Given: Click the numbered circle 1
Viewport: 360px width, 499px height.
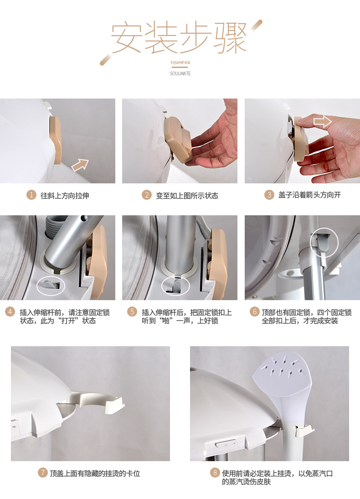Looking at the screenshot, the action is click(x=31, y=194).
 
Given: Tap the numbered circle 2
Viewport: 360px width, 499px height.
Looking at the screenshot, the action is click(x=147, y=194).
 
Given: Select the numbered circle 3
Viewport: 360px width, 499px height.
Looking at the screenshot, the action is click(x=269, y=194).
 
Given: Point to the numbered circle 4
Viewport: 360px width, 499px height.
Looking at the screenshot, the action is click(x=10, y=312).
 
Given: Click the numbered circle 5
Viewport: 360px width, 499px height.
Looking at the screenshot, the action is click(x=132, y=312).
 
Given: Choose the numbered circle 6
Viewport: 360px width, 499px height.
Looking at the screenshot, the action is click(x=254, y=312).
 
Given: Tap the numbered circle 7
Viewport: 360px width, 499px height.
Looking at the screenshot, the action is click(x=43, y=473).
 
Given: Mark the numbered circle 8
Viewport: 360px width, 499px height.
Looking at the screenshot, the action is click(x=215, y=473).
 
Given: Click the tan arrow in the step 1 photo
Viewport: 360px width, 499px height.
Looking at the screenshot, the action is click(x=80, y=165).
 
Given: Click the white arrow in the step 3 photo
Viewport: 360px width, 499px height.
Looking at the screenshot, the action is click(x=323, y=121).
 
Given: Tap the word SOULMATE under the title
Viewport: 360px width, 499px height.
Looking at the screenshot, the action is click(x=180, y=73).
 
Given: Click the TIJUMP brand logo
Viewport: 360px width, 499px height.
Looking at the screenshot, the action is click(x=180, y=62).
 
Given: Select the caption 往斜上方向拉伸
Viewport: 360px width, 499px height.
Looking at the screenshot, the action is click(x=65, y=195).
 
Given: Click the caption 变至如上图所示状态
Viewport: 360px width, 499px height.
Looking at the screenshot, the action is click(x=187, y=195).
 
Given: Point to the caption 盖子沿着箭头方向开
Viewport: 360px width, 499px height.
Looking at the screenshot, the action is click(x=309, y=195).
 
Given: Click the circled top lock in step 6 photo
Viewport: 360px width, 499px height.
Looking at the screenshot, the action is click(x=324, y=243).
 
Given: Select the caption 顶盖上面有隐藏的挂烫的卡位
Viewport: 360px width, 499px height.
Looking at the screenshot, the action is click(x=95, y=473).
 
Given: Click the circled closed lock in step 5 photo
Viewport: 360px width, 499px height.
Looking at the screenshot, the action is click(x=175, y=286).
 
